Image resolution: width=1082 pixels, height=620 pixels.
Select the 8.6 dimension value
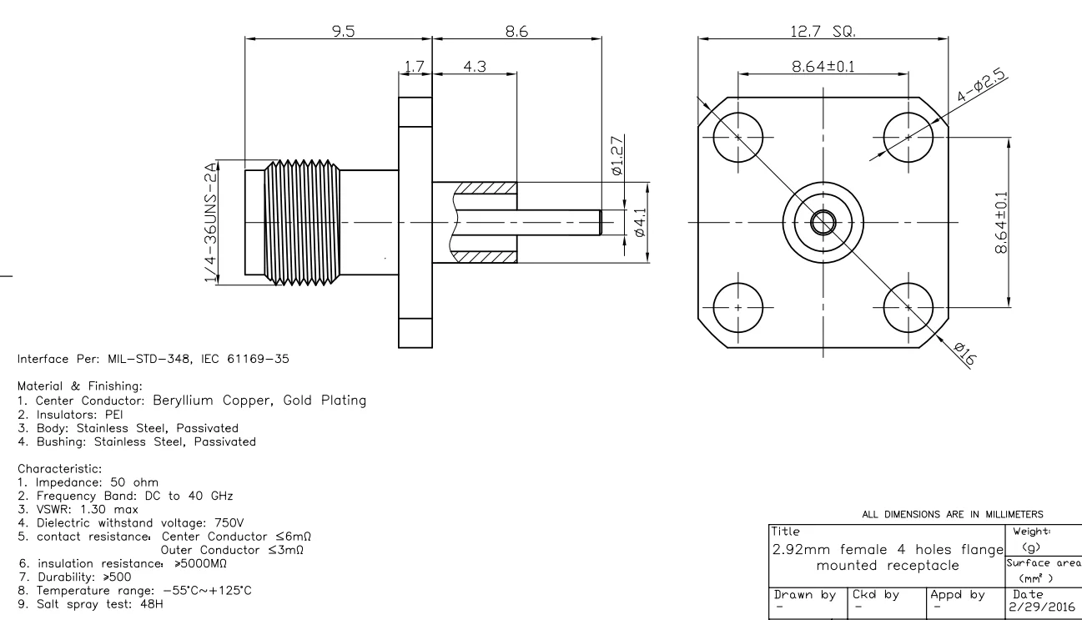coord(517,30)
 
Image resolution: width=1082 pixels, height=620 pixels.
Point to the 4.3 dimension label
coord(475,66)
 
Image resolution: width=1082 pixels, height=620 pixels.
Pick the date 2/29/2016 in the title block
coord(1032,606)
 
